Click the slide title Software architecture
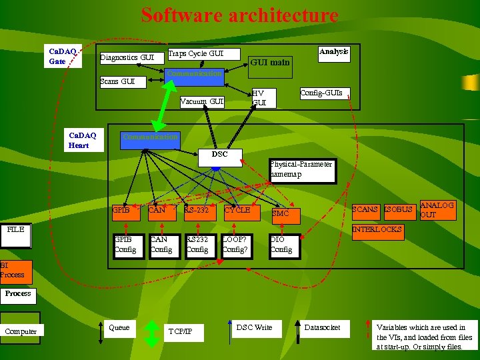(239, 15)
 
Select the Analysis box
(333, 53)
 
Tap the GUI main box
(270, 62)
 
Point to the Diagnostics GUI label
(127, 58)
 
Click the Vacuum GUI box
(202, 102)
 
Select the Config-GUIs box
(321, 94)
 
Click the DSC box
(219, 155)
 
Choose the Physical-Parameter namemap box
(302, 170)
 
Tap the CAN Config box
(161, 245)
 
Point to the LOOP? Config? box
(236, 245)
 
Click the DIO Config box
(283, 245)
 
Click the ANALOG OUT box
(437, 211)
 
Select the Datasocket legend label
(322, 327)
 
